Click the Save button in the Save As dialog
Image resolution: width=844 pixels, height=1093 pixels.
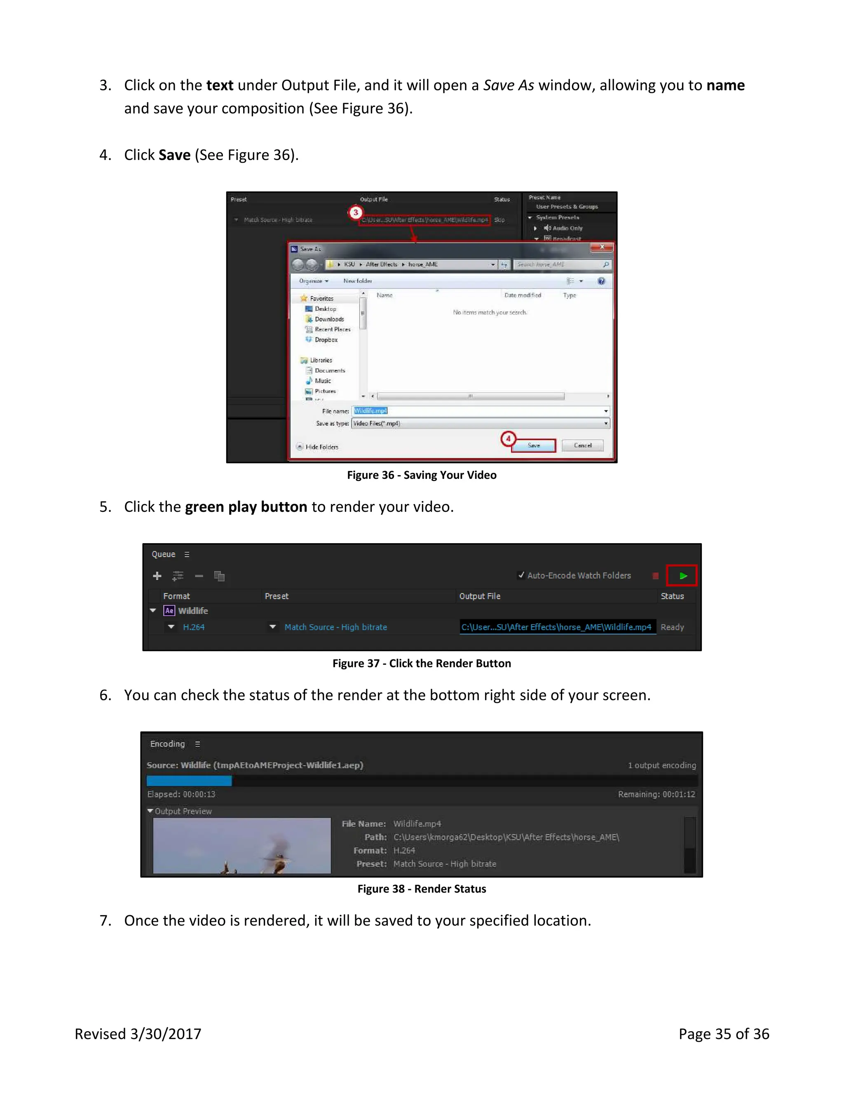534,445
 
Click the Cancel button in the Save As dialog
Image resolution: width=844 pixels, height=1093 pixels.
582,445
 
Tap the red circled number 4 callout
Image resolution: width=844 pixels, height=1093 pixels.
508,439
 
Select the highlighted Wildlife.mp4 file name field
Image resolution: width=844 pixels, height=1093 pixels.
370,411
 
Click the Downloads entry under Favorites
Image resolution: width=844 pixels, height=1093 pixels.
329,319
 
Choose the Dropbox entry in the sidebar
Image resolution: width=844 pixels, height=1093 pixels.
326,340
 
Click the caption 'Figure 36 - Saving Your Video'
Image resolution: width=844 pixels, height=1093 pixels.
422,475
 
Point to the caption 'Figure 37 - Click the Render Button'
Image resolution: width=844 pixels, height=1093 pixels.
422,663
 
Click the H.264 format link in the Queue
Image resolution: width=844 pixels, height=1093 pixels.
194,627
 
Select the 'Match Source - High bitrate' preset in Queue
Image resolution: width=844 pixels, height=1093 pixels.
335,627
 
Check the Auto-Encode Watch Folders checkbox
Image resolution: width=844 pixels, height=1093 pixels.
521,575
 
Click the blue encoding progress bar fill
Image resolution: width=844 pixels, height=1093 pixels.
189,780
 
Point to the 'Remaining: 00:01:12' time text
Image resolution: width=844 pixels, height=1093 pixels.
656,794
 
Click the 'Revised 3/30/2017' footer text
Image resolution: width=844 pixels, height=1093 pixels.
138,1034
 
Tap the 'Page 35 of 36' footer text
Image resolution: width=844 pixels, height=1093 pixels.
724,1034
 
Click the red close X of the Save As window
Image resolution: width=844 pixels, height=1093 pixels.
602,247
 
